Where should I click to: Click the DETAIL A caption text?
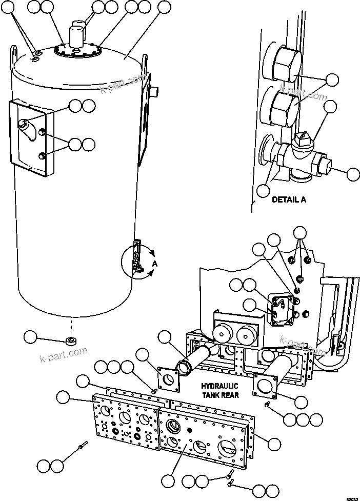289,200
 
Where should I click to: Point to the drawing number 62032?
352,497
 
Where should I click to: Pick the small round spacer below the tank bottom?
70,341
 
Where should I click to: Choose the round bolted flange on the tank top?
77,51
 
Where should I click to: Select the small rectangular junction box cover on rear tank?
281,310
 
